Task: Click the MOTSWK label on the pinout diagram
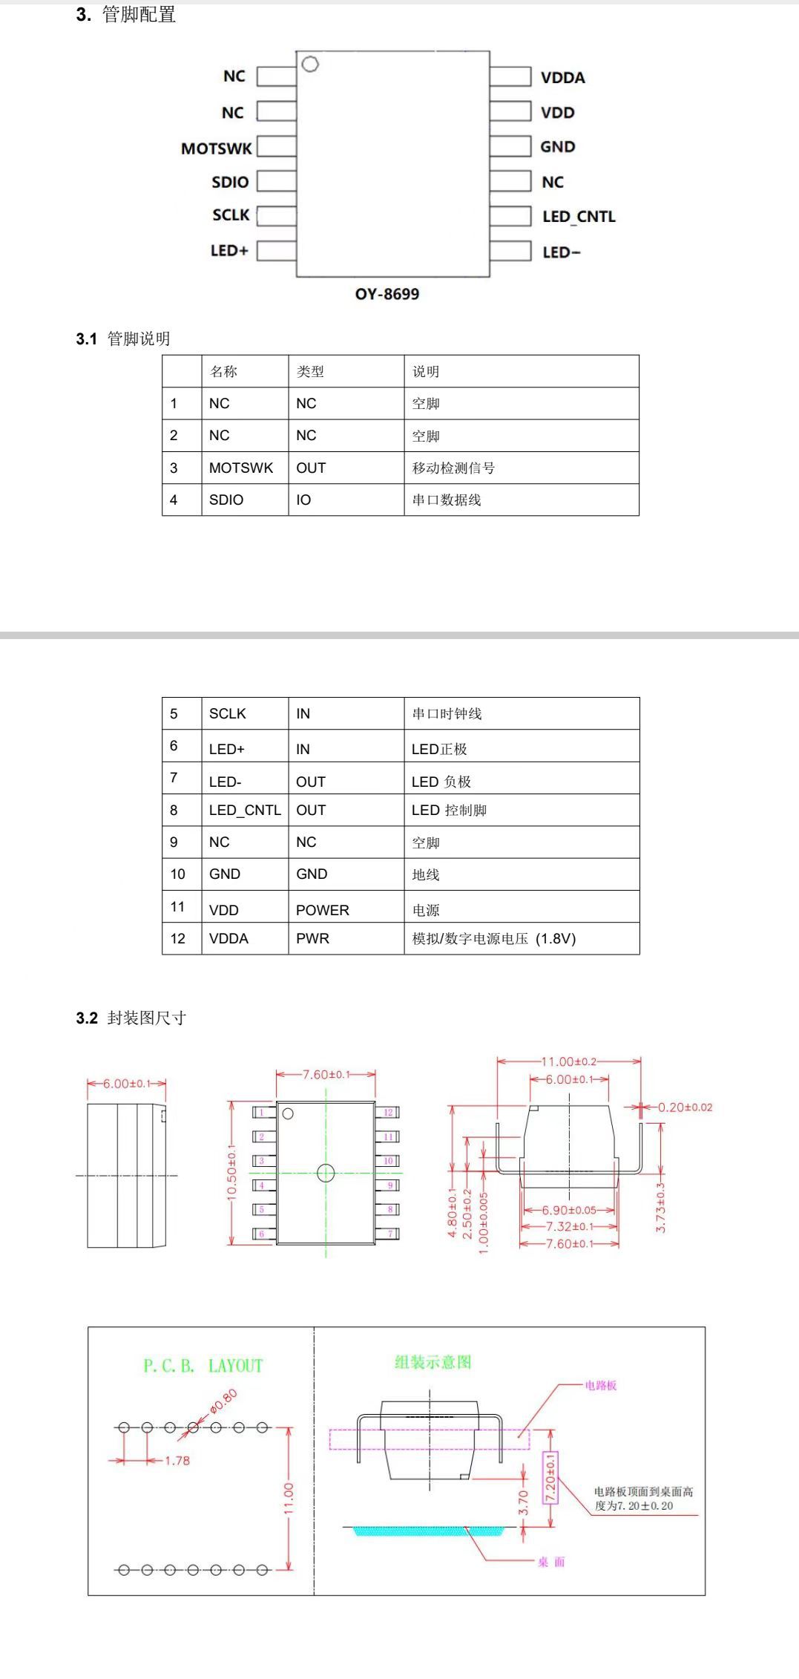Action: pos(217,148)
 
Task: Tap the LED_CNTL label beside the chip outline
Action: pos(579,217)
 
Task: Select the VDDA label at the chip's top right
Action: pos(562,78)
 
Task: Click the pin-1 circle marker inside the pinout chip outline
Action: pos(310,65)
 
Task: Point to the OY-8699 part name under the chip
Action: pos(387,294)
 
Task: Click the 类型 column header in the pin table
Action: pos(310,372)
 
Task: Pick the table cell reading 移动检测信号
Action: pos(453,468)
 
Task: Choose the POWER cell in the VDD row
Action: pos(322,910)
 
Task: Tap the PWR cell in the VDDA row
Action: pos(312,938)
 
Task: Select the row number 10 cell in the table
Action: pos(178,874)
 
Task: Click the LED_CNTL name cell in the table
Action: pos(245,811)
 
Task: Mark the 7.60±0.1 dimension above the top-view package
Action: pos(326,1075)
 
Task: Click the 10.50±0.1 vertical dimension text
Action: pos(231,1172)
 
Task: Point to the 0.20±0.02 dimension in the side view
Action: pos(685,1107)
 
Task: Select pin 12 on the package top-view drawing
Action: pos(389,1112)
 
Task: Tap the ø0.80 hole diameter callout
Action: pos(223,1400)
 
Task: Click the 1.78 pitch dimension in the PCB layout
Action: pos(177,1461)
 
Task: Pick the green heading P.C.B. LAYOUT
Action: pos(203,1366)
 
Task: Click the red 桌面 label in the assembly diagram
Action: pos(551,1562)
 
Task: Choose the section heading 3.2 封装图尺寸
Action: pos(131,1018)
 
